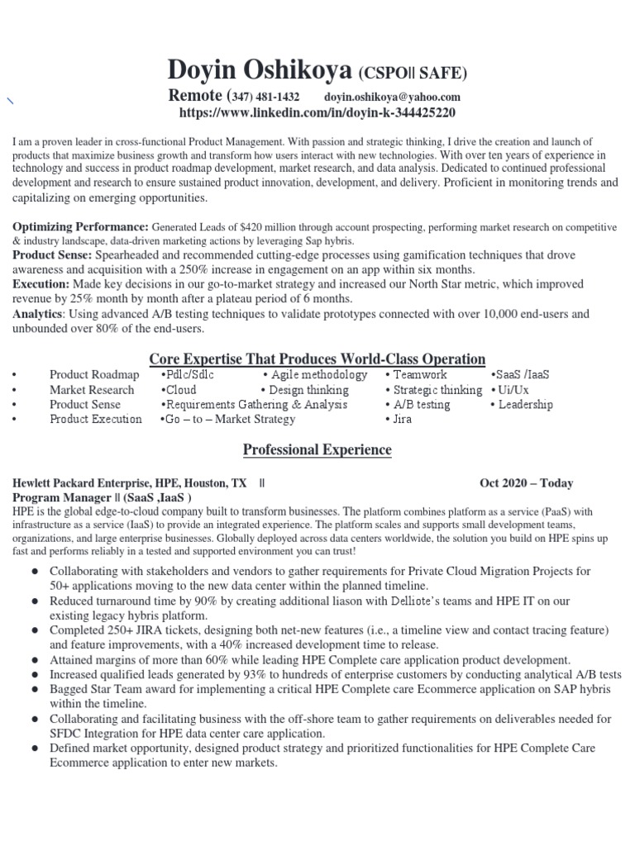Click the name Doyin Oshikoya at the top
[x=260, y=71]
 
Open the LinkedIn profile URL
[x=317, y=112]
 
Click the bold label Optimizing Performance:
[x=80, y=226]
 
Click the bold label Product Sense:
[x=54, y=255]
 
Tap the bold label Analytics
[x=37, y=314]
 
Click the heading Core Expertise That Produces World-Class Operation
[x=317, y=359]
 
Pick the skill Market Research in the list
[x=91, y=390]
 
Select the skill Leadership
[x=525, y=405]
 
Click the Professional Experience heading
[x=317, y=450]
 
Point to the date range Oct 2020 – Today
[x=526, y=483]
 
